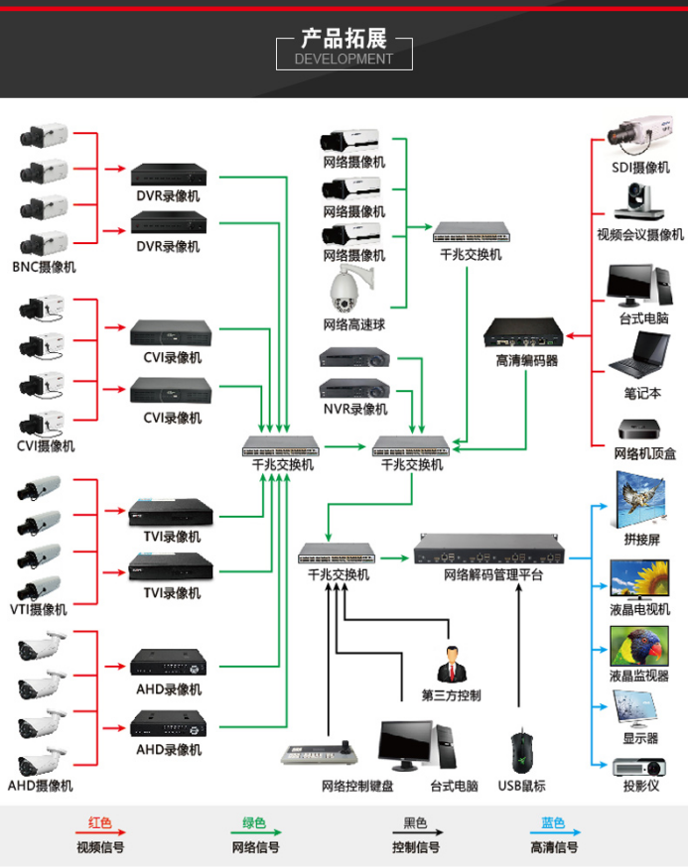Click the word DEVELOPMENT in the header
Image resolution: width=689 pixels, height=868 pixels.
point(344,59)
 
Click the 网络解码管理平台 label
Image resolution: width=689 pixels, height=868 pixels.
point(493,574)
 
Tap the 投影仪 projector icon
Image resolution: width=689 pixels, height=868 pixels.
point(639,766)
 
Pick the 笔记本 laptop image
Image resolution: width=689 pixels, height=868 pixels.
point(641,353)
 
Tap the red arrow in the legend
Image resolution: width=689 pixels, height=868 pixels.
point(100,834)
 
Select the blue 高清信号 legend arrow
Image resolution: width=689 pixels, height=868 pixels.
point(554,834)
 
